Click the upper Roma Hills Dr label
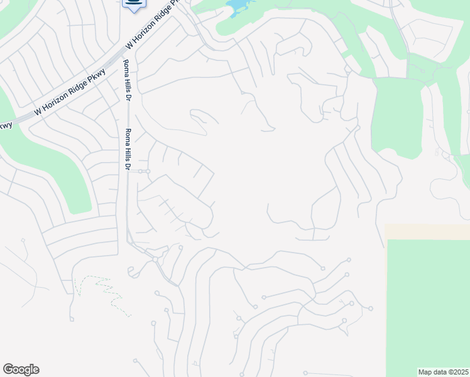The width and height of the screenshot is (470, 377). (x=126, y=80)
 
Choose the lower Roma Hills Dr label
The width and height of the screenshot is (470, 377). (x=128, y=150)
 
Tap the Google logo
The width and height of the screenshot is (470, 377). (x=21, y=369)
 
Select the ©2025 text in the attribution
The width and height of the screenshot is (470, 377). (x=457, y=372)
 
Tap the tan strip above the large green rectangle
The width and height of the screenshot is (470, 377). (x=427, y=231)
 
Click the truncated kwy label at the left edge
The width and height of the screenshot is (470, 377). (x=6, y=124)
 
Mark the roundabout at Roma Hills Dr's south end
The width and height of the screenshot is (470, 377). (x=155, y=259)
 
